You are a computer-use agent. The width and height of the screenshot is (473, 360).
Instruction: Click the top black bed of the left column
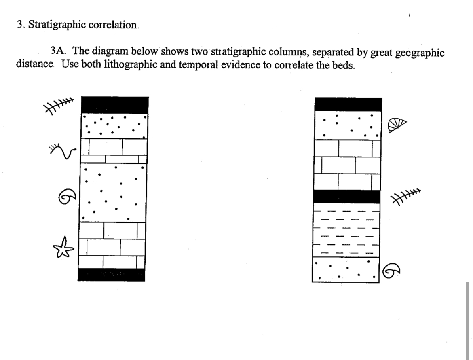pos(114,105)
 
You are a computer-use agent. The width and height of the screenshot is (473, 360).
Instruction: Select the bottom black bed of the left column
pos(111,275)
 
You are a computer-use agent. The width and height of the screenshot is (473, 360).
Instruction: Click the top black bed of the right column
pos(348,104)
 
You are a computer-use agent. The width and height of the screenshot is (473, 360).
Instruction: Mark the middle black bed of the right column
pos(346,197)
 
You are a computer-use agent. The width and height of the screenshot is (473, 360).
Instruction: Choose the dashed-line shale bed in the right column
pos(346,229)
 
